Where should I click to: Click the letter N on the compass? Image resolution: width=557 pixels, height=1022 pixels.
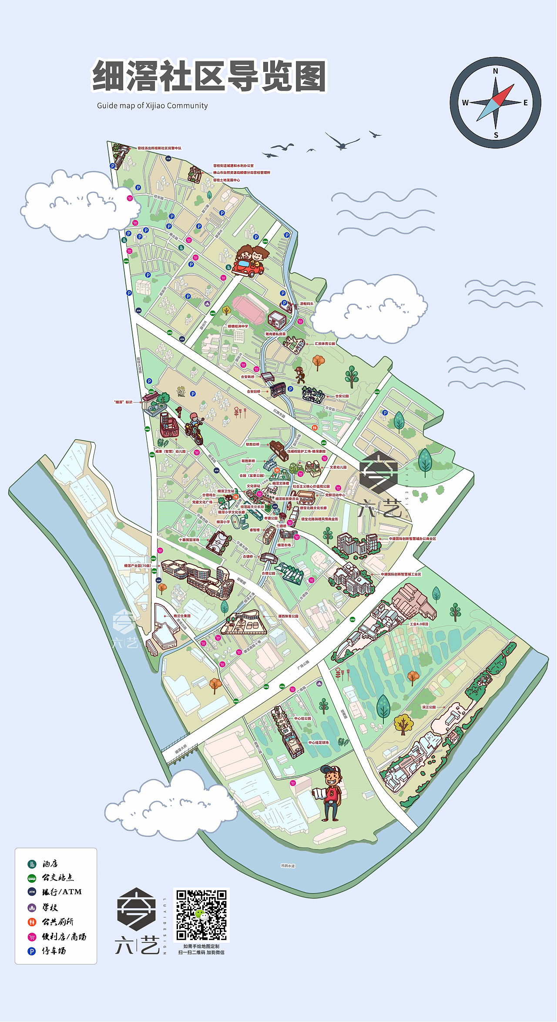pos(495,71)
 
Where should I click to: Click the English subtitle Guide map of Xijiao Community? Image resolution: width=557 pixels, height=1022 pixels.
pos(152,106)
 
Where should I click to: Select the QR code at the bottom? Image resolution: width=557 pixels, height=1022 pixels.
pos(201,915)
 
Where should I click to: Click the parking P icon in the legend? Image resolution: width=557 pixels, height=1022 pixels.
pos(32,951)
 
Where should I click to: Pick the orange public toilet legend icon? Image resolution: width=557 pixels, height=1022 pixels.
pos(32,922)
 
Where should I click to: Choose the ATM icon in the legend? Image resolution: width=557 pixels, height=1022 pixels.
pos(32,892)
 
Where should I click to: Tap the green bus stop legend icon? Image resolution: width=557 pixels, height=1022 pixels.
pos(32,878)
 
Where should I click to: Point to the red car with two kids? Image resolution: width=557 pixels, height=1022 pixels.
pos(249,262)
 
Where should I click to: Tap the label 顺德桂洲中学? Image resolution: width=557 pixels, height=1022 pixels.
pos(238,326)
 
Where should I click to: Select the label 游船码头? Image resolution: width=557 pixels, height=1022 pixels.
pos(306,304)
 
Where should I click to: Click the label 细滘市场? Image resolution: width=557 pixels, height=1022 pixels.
pos(284,545)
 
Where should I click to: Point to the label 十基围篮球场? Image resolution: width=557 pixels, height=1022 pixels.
pos(189,540)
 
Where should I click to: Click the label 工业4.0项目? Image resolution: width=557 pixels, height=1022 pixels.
pos(419,624)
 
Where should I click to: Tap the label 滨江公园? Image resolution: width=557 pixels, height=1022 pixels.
pos(429,707)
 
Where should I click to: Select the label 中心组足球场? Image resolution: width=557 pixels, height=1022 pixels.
pos(319,742)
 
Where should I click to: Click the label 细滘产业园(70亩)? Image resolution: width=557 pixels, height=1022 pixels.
pos(137,565)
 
